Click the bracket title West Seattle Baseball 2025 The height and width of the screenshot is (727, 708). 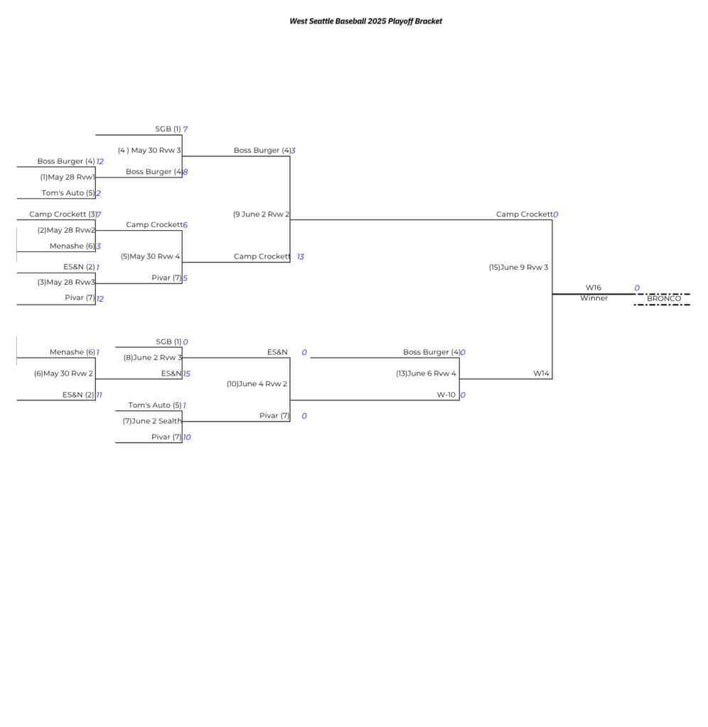[338, 21]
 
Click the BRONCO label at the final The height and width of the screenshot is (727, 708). [664, 299]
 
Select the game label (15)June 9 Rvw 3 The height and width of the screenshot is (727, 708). [519, 268]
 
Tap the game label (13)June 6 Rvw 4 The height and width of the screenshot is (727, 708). [427, 373]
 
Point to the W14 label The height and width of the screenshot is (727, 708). [542, 373]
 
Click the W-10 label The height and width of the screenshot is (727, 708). [446, 395]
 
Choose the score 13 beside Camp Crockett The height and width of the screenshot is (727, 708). [301, 257]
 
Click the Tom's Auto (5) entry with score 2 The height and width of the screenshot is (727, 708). [68, 193]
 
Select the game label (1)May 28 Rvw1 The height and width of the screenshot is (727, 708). [68, 177]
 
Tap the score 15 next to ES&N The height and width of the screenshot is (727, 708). [187, 373]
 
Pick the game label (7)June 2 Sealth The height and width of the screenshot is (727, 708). [152, 421]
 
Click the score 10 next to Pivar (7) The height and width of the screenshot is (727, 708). [187, 437]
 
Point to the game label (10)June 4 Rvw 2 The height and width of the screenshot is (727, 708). [257, 384]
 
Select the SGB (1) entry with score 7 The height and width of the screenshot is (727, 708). [168, 129]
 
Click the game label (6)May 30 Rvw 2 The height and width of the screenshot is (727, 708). [63, 373]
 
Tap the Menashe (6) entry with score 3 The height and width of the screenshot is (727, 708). [73, 246]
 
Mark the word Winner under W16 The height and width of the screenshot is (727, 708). [594, 298]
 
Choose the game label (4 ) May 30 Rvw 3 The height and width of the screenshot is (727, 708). [149, 151]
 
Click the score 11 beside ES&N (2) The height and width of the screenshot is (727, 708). [100, 395]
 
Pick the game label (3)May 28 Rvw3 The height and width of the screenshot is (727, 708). [66, 283]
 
